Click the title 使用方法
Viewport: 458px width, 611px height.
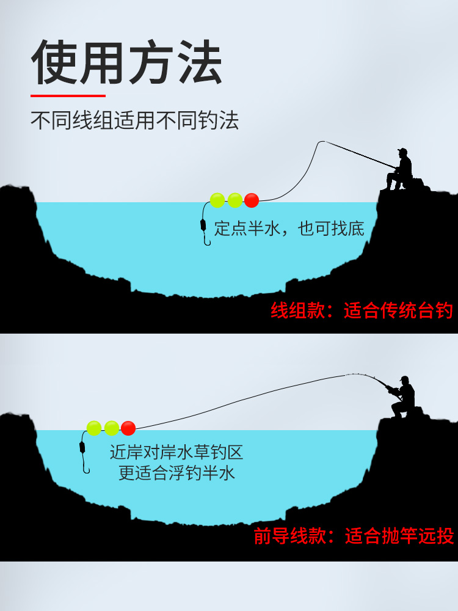click(x=126, y=63)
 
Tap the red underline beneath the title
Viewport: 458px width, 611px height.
click(x=68, y=95)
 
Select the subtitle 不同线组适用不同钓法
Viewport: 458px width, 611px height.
click(x=134, y=120)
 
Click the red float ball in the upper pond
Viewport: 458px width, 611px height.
click(x=252, y=200)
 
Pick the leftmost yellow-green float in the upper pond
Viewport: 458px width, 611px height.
click(x=217, y=200)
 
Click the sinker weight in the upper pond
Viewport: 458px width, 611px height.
click(x=203, y=224)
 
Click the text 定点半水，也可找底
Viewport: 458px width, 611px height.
click(x=289, y=229)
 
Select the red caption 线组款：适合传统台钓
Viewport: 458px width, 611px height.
click(x=362, y=311)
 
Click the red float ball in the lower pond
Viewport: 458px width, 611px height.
click(x=128, y=428)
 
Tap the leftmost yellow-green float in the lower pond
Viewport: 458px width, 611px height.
click(x=93, y=428)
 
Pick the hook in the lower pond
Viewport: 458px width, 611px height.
click(x=85, y=469)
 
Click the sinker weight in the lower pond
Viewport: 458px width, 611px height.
click(x=82, y=447)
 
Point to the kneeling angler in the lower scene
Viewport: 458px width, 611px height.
click(x=401, y=397)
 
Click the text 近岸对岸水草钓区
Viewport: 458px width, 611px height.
click(x=176, y=453)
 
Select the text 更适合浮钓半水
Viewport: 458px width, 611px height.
click(x=176, y=473)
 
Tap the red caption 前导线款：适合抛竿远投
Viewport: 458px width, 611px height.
click(x=354, y=536)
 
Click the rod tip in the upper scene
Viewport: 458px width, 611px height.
click(x=319, y=142)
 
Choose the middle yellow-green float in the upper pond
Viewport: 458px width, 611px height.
click(x=234, y=200)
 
